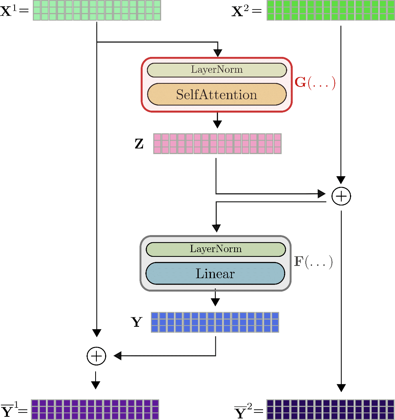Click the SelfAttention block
[216, 94]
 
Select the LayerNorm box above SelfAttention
[216, 70]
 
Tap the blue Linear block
[215, 273]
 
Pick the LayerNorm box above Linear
[215, 249]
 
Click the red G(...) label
[315, 83]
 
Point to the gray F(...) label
[313, 262]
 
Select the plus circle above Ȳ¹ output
[96, 356]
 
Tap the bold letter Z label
[139, 144]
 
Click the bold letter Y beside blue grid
[137, 322]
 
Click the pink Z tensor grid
[217, 143]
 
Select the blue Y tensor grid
[215, 322]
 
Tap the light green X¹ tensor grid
[97, 10]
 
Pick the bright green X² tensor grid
[331, 10]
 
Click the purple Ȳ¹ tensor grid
[95, 409]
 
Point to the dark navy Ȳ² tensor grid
[330, 409]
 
